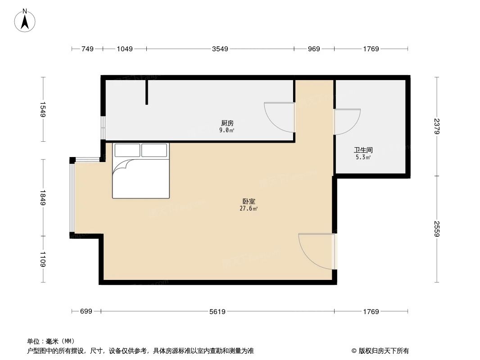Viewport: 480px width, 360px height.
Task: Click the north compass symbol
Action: [25, 20]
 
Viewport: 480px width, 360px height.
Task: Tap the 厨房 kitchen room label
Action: [227, 123]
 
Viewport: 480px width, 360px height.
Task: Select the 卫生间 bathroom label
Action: [363, 150]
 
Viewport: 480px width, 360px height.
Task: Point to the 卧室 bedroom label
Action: [249, 202]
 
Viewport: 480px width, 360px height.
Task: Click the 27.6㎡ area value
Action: [249, 209]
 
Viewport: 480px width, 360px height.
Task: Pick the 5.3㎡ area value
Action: [362, 157]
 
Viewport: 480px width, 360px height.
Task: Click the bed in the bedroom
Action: [141, 171]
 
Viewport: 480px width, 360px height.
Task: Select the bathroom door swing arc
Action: [348, 122]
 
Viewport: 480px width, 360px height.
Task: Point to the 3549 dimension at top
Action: [220, 49]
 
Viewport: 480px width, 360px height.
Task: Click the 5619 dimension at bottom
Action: [217, 311]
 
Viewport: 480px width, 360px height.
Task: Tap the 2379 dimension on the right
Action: [436, 126]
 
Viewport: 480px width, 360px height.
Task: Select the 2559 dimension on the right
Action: [436, 229]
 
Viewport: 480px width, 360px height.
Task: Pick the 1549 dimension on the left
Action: [43, 110]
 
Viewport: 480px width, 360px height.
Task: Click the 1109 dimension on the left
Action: [43, 260]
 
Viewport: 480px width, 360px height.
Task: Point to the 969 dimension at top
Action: [314, 49]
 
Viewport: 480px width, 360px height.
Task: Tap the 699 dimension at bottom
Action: [86, 311]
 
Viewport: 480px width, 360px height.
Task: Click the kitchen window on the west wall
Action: [103, 128]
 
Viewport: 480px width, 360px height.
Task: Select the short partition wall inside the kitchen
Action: [147, 92]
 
